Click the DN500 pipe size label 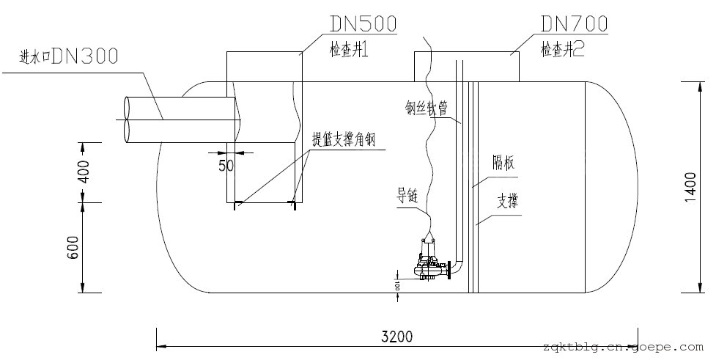point(363,23)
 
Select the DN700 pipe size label point(574,23)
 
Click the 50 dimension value point(226,166)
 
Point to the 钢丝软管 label point(427,109)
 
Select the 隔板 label point(503,164)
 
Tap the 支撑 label point(507,200)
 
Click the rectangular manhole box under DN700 point(468,66)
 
